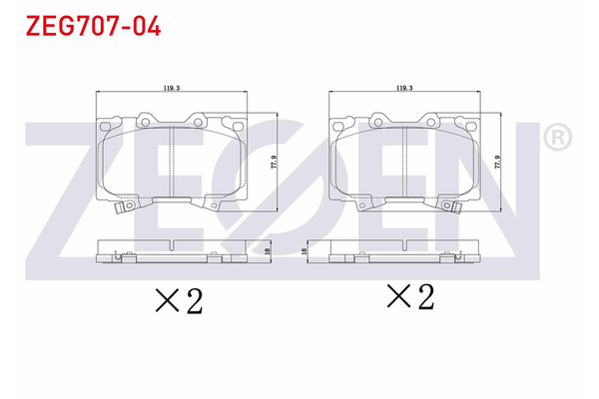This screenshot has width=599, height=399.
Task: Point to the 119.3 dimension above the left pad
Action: pyautogui.click(x=172, y=89)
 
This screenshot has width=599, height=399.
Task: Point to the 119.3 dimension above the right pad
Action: pyautogui.click(x=404, y=89)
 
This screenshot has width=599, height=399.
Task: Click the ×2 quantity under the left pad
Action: pyautogui.click(x=179, y=300)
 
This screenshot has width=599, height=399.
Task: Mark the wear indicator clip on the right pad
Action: pyautogui.click(x=454, y=208)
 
